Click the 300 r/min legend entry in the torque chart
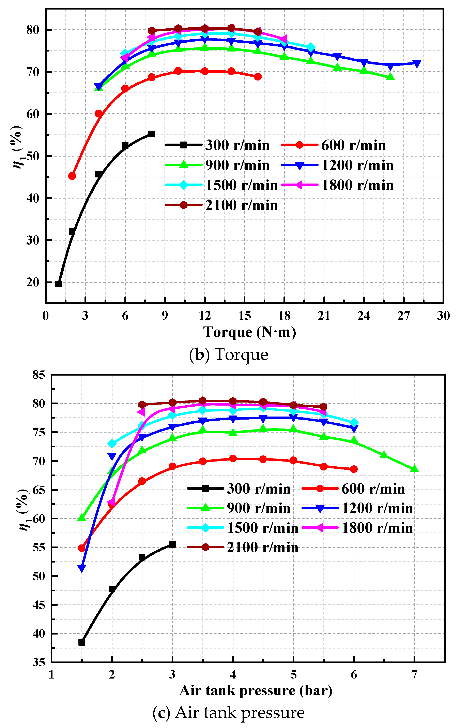click(x=217, y=145)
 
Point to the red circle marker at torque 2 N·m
click(x=72, y=176)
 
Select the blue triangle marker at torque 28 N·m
click(x=417, y=63)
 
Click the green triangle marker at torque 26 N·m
click(x=390, y=77)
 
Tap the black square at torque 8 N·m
click(x=152, y=134)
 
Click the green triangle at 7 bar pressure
click(x=414, y=469)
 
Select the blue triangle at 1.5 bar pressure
click(x=82, y=569)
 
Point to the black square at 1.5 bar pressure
click(x=82, y=642)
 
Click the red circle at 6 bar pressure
click(x=354, y=469)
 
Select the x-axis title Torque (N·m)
click(x=249, y=332)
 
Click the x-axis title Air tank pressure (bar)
click(x=256, y=690)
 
